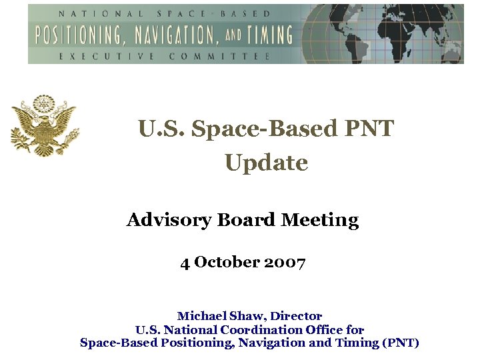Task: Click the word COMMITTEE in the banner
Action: click(219, 56)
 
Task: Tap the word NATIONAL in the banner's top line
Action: click(90, 13)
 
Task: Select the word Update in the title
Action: click(266, 163)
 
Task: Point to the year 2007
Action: click(285, 263)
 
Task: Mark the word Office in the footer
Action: click(325, 329)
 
